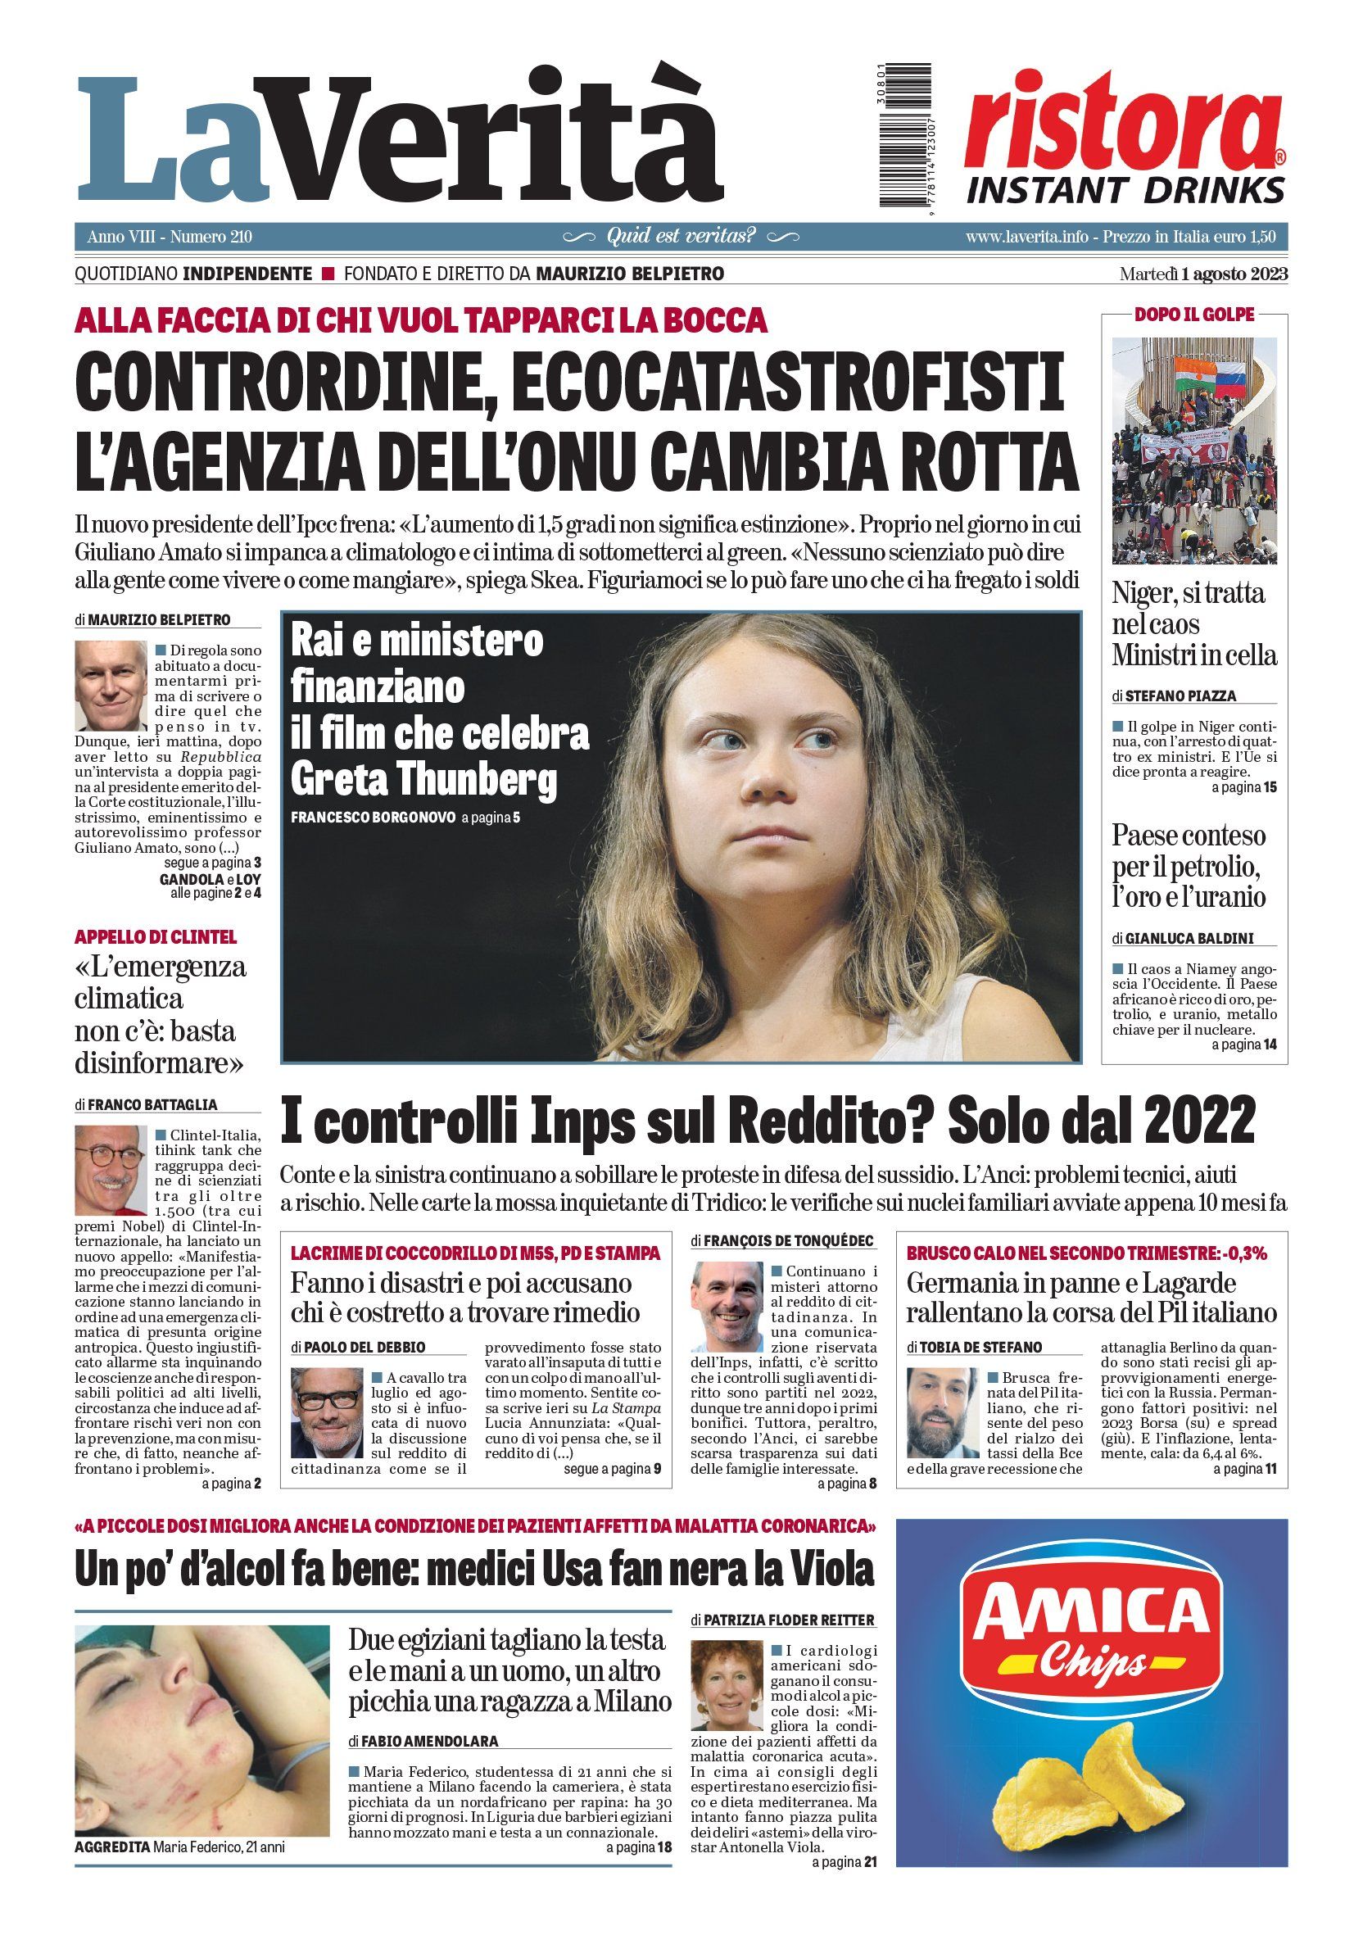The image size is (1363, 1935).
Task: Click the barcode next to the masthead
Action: pos(905,134)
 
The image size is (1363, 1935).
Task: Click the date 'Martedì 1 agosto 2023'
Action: pos(1202,274)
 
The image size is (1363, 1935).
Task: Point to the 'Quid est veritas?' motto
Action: pos(681,236)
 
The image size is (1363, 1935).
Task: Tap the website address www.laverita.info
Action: pos(1026,237)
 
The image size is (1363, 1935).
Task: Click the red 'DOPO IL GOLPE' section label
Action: pos(1193,315)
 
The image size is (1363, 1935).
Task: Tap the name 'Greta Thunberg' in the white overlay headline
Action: pos(423,779)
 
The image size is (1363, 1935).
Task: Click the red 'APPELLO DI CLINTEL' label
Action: pos(156,936)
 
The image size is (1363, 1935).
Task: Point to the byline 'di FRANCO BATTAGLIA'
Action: pos(146,1104)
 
